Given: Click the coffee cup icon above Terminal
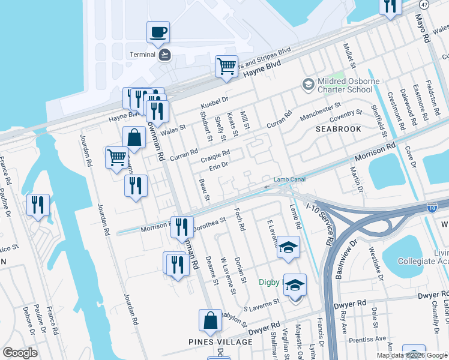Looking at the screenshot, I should coord(158,32).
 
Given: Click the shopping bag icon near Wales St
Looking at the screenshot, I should coord(134,137).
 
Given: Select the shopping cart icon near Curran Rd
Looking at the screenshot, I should coord(116,158).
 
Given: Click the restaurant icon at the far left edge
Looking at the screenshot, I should coord(38,205).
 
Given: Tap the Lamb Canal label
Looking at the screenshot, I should coord(290,179).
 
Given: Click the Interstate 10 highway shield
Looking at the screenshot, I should coord(432,208).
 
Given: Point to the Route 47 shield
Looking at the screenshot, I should coord(424,4).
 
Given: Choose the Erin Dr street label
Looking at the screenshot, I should coord(218,165).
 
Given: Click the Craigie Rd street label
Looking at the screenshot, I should coord(215,154).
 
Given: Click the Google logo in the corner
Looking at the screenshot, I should coord(20,353).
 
